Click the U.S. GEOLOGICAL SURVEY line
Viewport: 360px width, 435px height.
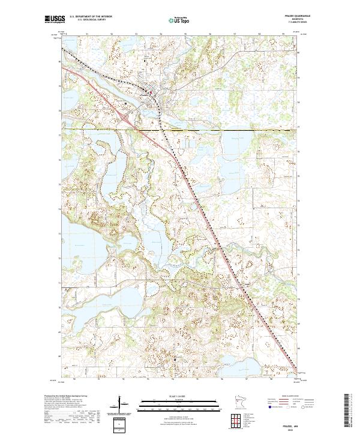click(x=88, y=21)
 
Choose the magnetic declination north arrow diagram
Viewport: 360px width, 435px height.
click(x=122, y=406)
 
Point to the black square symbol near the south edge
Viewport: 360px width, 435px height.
click(x=175, y=358)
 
